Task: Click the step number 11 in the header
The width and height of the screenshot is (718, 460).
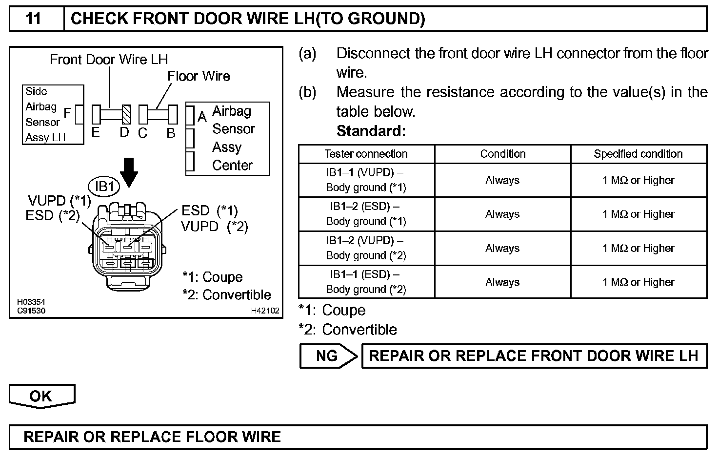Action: pos(34,19)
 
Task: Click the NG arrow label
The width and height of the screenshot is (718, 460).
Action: pos(327,355)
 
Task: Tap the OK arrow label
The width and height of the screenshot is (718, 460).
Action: pos(41,396)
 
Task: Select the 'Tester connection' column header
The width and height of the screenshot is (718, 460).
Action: pos(366,154)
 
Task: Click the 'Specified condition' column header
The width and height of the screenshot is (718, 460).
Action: pos(638,154)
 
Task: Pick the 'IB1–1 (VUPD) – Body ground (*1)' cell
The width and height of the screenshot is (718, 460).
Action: pos(366,180)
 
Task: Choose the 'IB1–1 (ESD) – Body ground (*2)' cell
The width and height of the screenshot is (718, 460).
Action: pos(366,282)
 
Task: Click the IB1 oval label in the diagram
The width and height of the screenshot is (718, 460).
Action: pos(104,186)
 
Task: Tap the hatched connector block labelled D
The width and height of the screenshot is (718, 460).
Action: pos(126,115)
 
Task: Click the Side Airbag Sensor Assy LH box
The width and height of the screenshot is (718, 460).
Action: pos(53,115)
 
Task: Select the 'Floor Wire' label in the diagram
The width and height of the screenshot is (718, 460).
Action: pos(199,76)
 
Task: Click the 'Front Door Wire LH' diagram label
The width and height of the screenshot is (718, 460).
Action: pos(109,60)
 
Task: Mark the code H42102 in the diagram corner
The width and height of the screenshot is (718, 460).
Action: pos(265,311)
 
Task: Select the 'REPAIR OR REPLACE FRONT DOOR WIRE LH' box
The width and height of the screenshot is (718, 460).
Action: pos(534,355)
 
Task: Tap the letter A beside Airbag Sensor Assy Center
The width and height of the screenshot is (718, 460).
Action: pos(202,117)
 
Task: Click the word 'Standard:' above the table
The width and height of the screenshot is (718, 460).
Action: pos(371,131)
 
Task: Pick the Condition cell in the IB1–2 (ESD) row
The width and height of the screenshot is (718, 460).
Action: pos(502,214)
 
